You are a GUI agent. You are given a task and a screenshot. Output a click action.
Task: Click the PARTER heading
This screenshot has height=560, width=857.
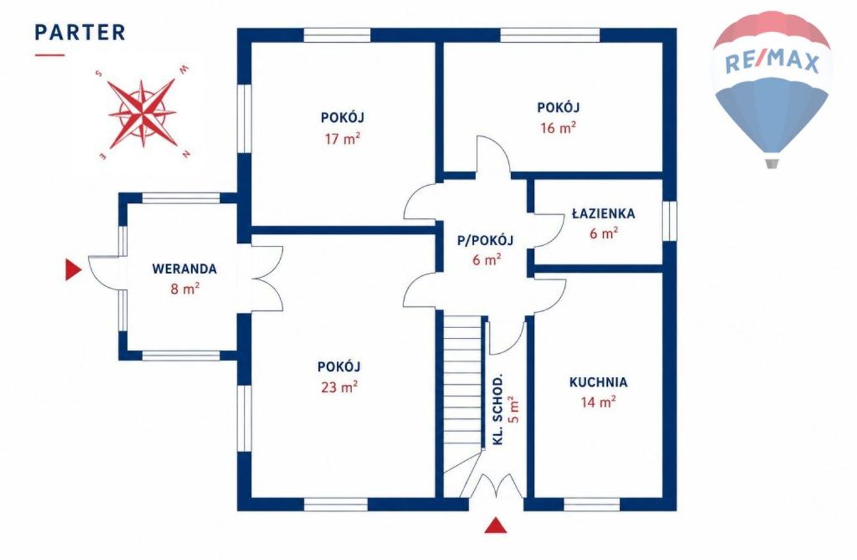80,32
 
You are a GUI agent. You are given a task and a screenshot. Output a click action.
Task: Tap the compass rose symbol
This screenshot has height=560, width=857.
142,113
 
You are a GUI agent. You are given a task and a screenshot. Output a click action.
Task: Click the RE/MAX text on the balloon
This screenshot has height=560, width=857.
772,63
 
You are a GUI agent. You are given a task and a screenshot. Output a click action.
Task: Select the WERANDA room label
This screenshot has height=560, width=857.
185,269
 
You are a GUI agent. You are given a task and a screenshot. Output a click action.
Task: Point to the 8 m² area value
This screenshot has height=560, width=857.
185,289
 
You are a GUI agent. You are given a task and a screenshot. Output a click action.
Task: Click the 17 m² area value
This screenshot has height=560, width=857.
342,138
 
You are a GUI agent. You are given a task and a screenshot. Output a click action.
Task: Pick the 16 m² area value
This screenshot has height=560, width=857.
558,128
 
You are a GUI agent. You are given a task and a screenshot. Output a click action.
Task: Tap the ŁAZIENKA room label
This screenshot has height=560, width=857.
603,213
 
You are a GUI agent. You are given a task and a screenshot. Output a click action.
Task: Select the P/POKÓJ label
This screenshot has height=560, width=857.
485,240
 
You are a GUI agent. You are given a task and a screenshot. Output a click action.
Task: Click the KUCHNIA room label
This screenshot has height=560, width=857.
599,382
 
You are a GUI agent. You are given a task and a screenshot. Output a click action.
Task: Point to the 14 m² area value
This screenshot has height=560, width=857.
599,402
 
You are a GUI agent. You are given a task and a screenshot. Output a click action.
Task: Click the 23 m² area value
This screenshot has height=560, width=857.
340,387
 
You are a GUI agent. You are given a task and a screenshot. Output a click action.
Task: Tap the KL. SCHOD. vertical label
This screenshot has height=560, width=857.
497,410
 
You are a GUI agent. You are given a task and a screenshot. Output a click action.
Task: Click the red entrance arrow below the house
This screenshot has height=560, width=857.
496,525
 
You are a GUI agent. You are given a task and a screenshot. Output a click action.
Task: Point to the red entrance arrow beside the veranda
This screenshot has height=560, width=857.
73,269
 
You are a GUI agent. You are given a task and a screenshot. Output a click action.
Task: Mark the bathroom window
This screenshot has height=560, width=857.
669,221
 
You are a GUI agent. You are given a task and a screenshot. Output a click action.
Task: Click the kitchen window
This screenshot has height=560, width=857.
591,504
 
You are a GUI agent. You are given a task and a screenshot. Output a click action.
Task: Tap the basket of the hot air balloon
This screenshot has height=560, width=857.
772,163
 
